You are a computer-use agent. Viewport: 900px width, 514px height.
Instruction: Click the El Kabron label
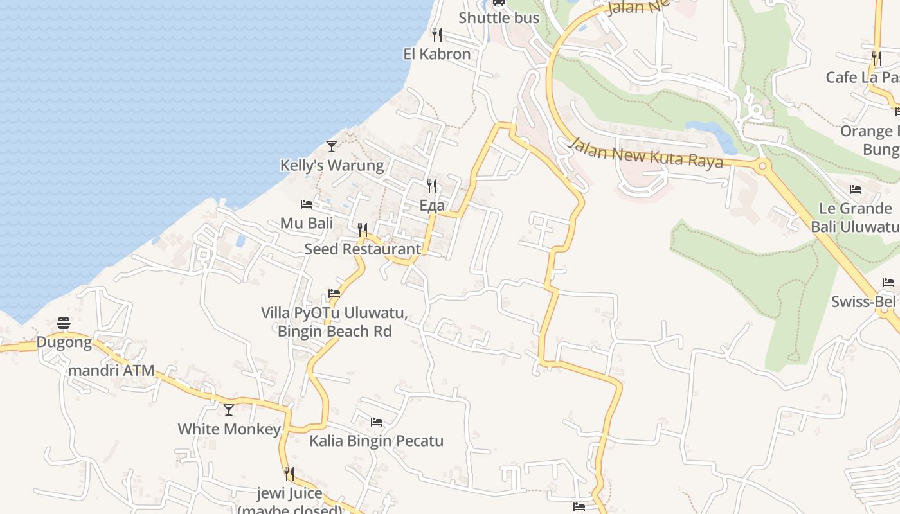click(437, 54)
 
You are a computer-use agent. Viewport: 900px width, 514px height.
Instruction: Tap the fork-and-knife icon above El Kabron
click(437, 34)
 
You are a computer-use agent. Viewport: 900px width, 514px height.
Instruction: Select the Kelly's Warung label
click(332, 166)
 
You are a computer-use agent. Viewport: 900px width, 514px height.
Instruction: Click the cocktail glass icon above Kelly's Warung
click(332, 146)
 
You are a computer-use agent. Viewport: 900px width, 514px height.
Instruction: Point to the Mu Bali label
click(307, 224)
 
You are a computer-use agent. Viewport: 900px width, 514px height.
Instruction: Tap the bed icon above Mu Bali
click(307, 204)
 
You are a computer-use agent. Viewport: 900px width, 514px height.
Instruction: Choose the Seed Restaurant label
click(363, 249)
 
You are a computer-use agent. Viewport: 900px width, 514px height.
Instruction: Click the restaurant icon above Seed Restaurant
click(363, 229)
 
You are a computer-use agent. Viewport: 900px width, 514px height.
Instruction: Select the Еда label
click(432, 206)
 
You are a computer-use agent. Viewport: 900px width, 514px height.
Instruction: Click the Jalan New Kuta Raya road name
click(645, 153)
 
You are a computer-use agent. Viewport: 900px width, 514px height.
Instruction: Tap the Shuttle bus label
click(499, 18)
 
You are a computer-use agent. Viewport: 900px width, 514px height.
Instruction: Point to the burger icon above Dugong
click(64, 323)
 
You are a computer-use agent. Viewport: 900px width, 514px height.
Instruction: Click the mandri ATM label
click(111, 371)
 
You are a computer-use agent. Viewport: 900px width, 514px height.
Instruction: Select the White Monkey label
click(229, 429)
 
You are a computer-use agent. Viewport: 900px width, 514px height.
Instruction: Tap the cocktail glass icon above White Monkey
click(229, 410)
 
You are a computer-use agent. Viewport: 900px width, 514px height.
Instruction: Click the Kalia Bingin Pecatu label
click(376, 441)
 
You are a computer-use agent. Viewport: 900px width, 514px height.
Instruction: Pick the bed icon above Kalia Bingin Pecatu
click(377, 422)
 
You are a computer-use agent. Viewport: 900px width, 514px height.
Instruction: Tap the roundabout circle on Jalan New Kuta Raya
click(763, 166)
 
